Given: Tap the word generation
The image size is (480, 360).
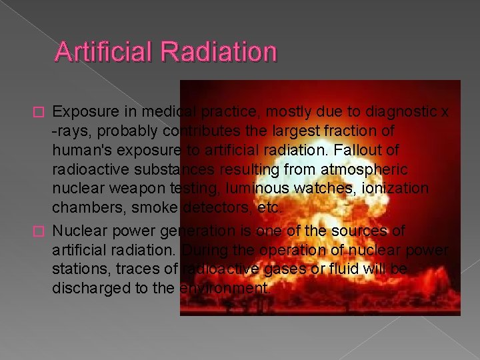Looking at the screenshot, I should (194, 231).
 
